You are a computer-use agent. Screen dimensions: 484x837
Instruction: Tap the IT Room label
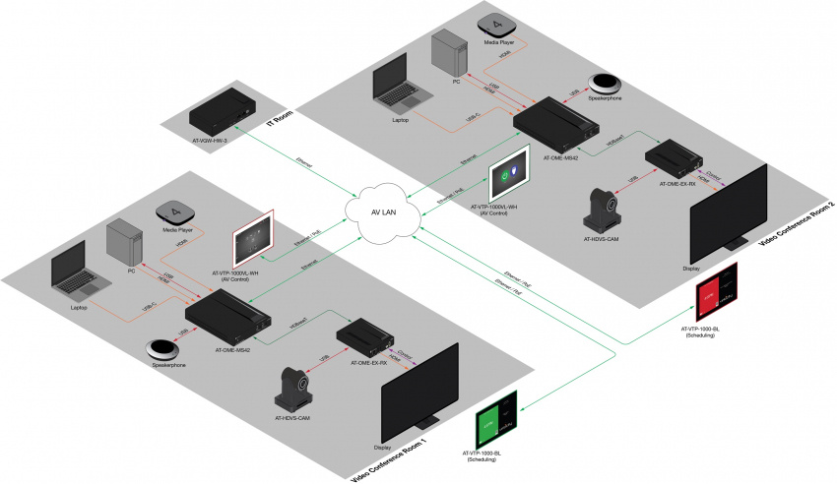tap(284, 119)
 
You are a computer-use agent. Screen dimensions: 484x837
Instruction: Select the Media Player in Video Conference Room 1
tap(175, 212)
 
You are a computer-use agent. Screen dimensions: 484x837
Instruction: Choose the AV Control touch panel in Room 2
tap(510, 172)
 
